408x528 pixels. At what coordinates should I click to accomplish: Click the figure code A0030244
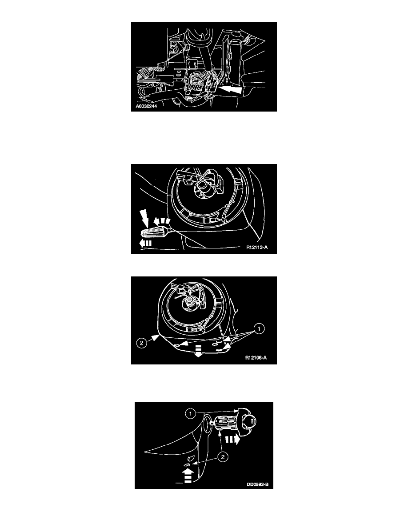146,106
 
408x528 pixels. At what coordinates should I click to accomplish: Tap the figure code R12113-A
257,248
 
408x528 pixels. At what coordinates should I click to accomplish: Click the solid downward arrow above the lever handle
145,216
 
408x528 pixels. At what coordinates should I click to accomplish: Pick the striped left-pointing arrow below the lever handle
145,243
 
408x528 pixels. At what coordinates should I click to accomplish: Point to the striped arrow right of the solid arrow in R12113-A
162,221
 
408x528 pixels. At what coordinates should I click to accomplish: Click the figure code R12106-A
256,358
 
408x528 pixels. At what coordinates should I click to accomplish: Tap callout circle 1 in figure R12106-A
259,328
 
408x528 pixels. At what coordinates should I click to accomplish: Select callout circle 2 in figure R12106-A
141,344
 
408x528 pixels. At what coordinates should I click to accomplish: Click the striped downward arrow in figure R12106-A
198,351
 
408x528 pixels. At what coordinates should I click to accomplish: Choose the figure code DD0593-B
257,485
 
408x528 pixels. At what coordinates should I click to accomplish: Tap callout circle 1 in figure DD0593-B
191,413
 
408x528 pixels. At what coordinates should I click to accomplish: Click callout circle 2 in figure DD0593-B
222,457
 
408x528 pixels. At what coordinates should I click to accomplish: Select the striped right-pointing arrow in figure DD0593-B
232,439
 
